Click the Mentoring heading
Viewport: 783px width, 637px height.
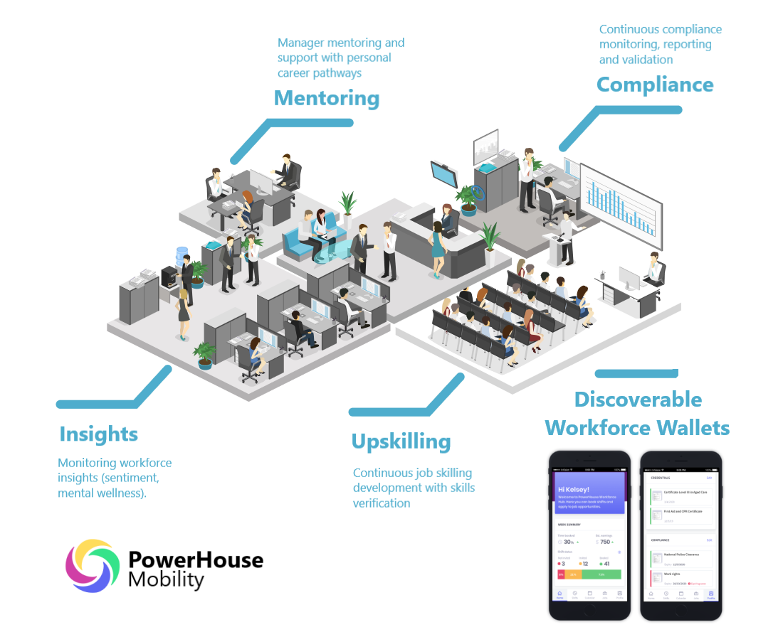pos(327,98)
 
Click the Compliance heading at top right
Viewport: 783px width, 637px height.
pos(654,85)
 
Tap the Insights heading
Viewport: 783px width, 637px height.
pos(99,434)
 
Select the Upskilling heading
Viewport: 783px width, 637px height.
pos(401,441)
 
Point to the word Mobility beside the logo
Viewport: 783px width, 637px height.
pos(166,579)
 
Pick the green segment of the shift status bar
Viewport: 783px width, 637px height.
pos(601,574)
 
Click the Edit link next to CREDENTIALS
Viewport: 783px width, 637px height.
pos(708,478)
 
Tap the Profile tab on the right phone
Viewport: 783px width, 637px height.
pos(710,595)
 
